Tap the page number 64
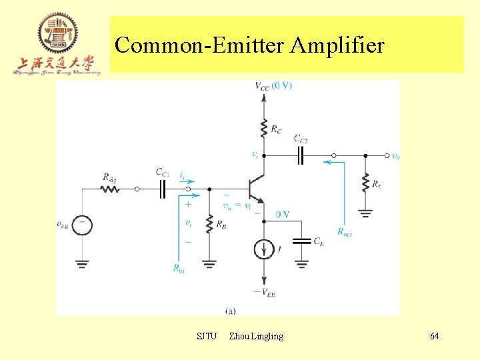coord(434,336)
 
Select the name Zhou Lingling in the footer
coord(256,336)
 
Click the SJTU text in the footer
coord(207,336)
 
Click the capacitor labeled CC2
coord(301,155)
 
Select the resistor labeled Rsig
coord(110,189)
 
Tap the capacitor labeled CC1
coord(162,189)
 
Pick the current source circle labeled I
coord(265,249)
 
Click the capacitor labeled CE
coord(302,241)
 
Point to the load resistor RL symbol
coord(365,182)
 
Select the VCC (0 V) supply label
coord(273,85)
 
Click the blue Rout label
coord(345,232)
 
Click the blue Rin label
coord(179,268)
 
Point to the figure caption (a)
coord(230,310)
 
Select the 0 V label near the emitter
coord(281,214)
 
